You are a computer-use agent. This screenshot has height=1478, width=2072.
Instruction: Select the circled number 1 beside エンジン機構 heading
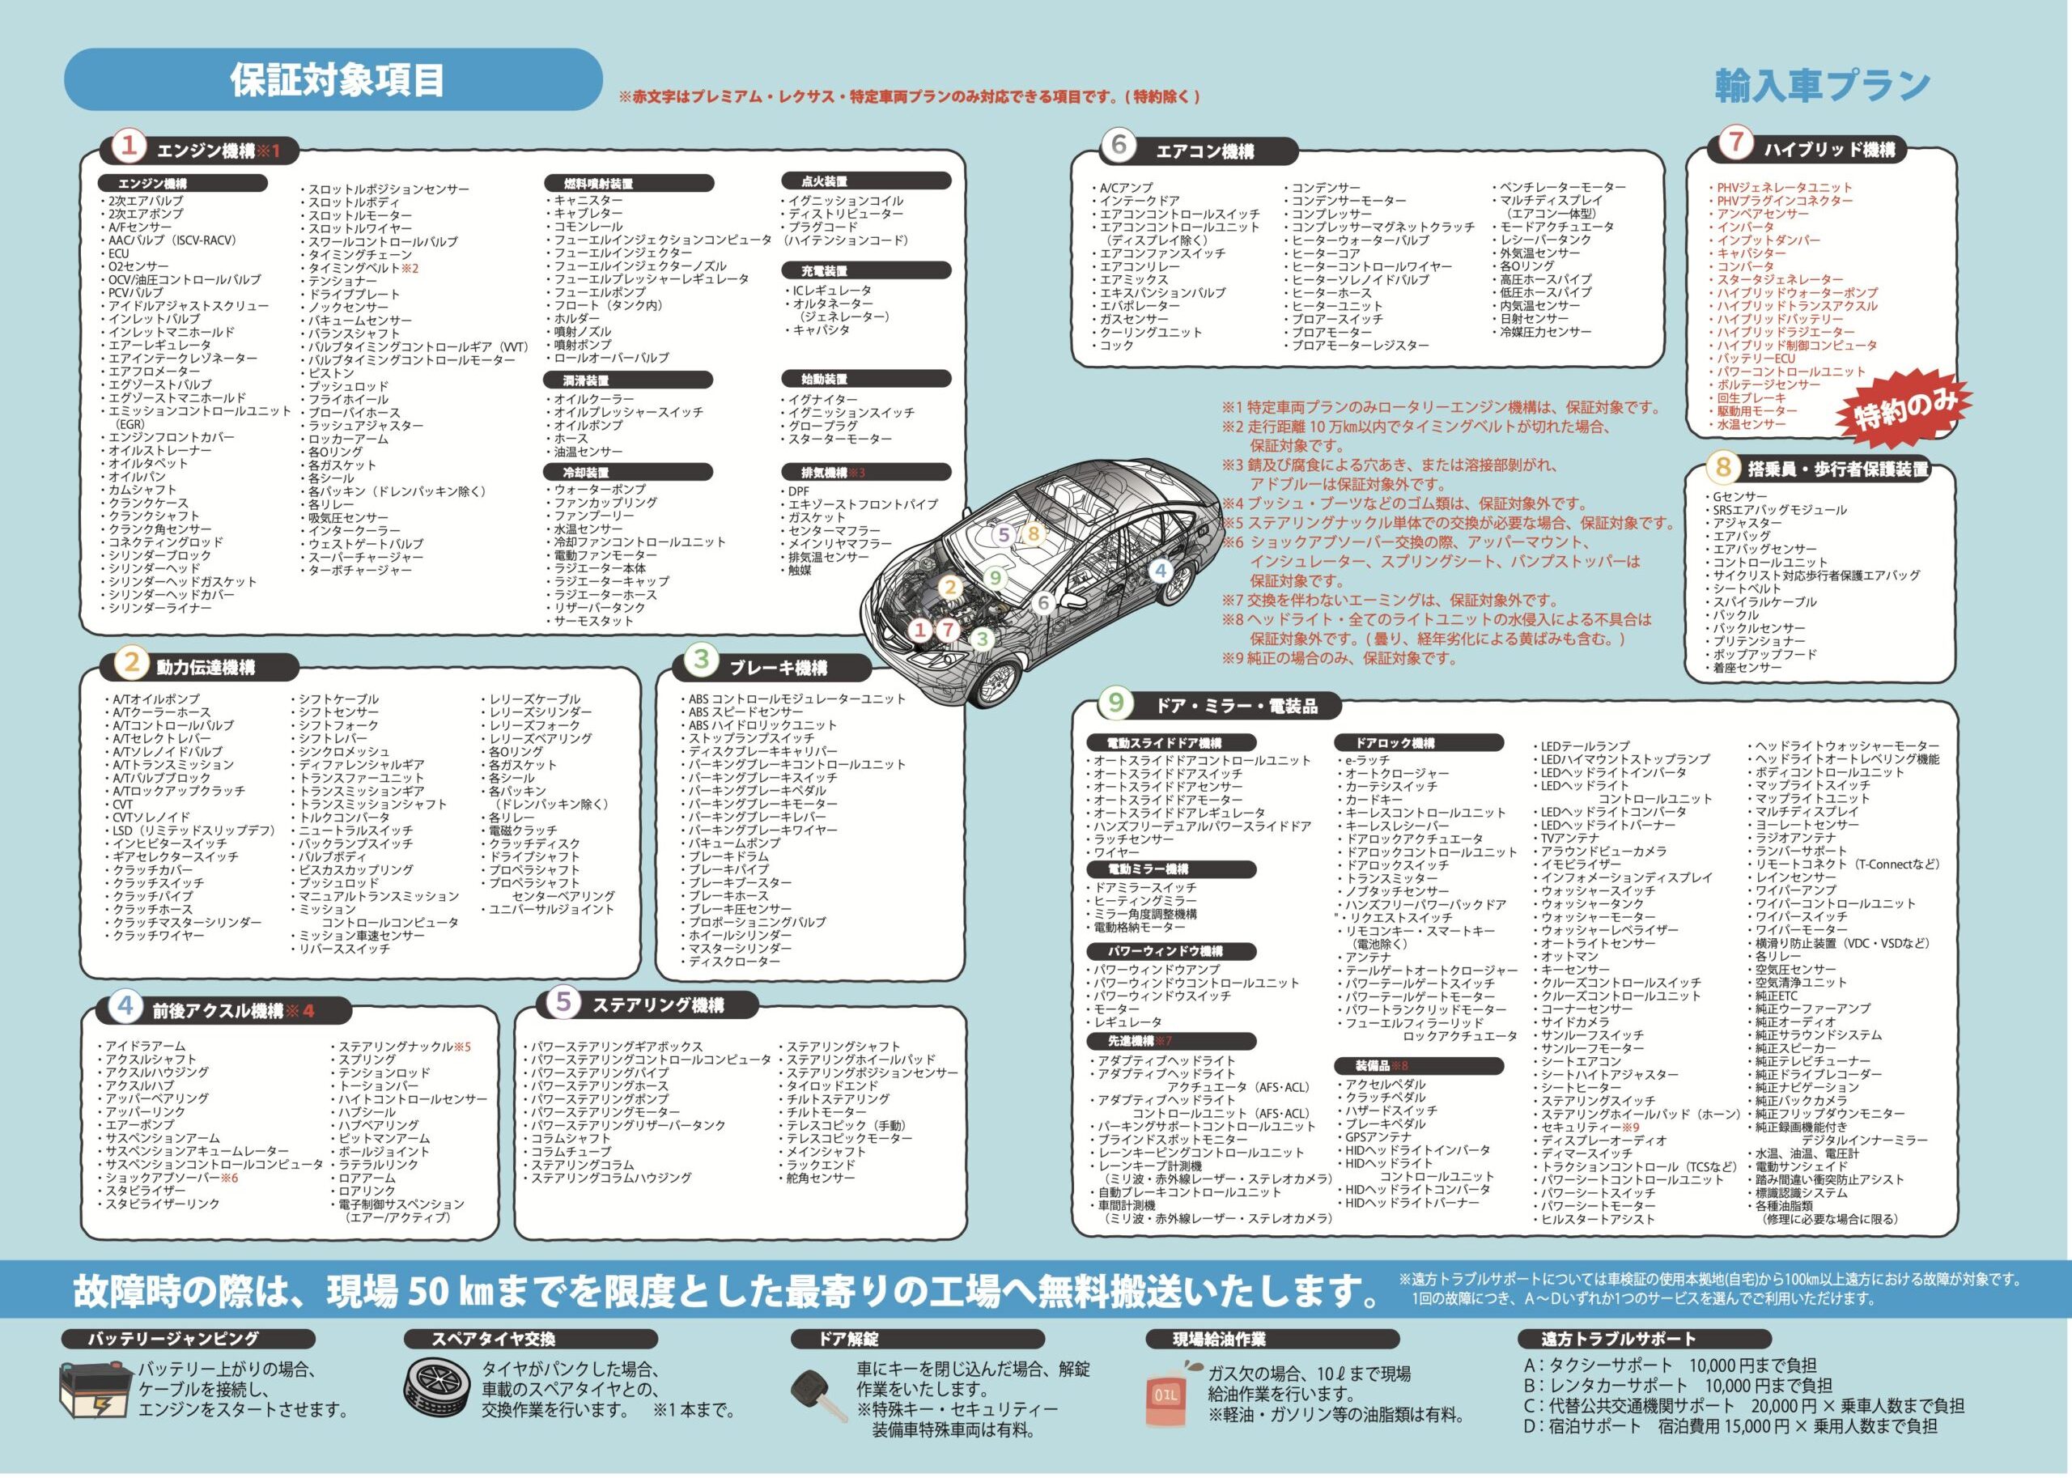pyautogui.click(x=129, y=147)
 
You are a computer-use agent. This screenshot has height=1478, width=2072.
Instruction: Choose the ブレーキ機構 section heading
pyautogui.click(x=777, y=667)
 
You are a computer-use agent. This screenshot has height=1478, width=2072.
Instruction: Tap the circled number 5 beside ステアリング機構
pyautogui.click(x=563, y=1003)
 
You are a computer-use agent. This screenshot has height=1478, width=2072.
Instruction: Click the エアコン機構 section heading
pyautogui.click(x=1204, y=152)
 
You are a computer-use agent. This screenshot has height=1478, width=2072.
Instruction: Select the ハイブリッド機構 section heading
pyautogui.click(x=1828, y=149)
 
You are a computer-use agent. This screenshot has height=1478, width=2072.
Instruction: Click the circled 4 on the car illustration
pyautogui.click(x=1160, y=571)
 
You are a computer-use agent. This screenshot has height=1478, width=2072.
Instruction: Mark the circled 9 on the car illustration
pyautogui.click(x=995, y=577)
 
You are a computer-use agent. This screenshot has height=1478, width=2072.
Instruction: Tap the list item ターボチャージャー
pyautogui.click(x=359, y=570)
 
